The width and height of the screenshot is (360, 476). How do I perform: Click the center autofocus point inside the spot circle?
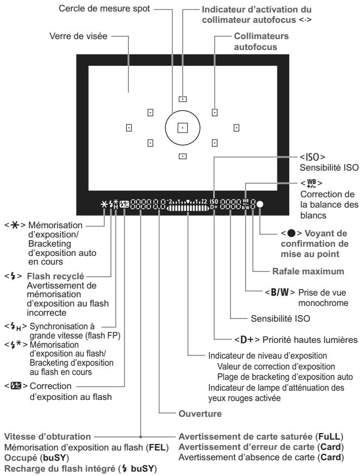183,128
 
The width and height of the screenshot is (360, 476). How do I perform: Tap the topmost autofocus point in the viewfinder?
183,99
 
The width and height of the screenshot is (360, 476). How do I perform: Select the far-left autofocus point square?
129,128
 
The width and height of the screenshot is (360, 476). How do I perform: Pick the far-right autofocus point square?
237,128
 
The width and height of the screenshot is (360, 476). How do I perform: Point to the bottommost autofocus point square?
183,156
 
